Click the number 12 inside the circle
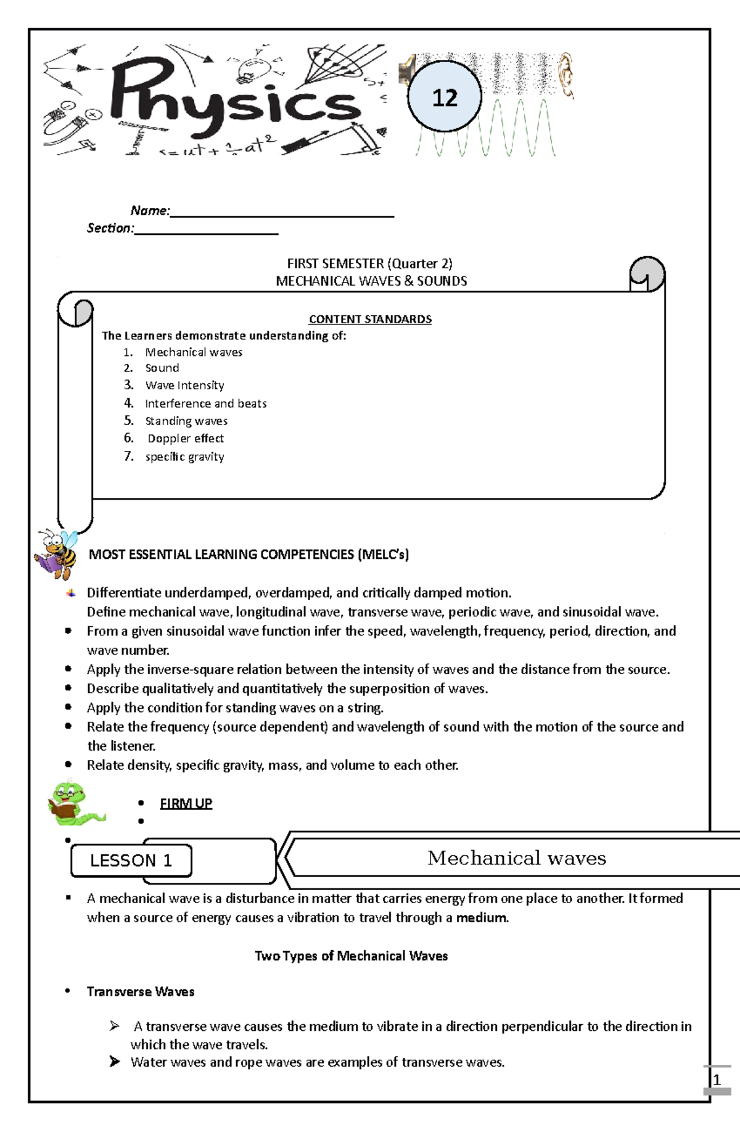[445, 97]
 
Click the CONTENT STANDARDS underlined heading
[370, 319]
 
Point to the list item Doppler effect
[186, 439]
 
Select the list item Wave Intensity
[184, 386]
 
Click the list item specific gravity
[184, 457]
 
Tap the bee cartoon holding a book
[56, 553]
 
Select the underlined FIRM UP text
[186, 803]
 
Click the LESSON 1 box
[131, 861]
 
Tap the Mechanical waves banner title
[517, 857]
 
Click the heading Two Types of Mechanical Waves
[351, 956]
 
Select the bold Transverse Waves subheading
[141, 991]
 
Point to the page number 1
[717, 1080]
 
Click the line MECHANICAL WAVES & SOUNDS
[371, 281]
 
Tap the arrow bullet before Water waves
[115, 1061]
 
